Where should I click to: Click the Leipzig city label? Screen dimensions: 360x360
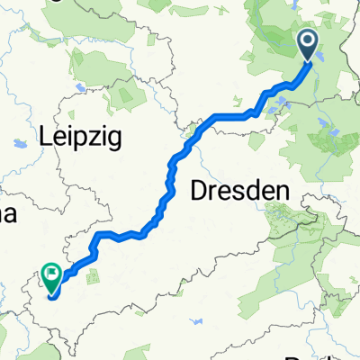coord(80,138)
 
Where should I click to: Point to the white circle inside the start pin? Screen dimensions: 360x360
coord(309,40)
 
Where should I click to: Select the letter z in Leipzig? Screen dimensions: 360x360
coord(99,136)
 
